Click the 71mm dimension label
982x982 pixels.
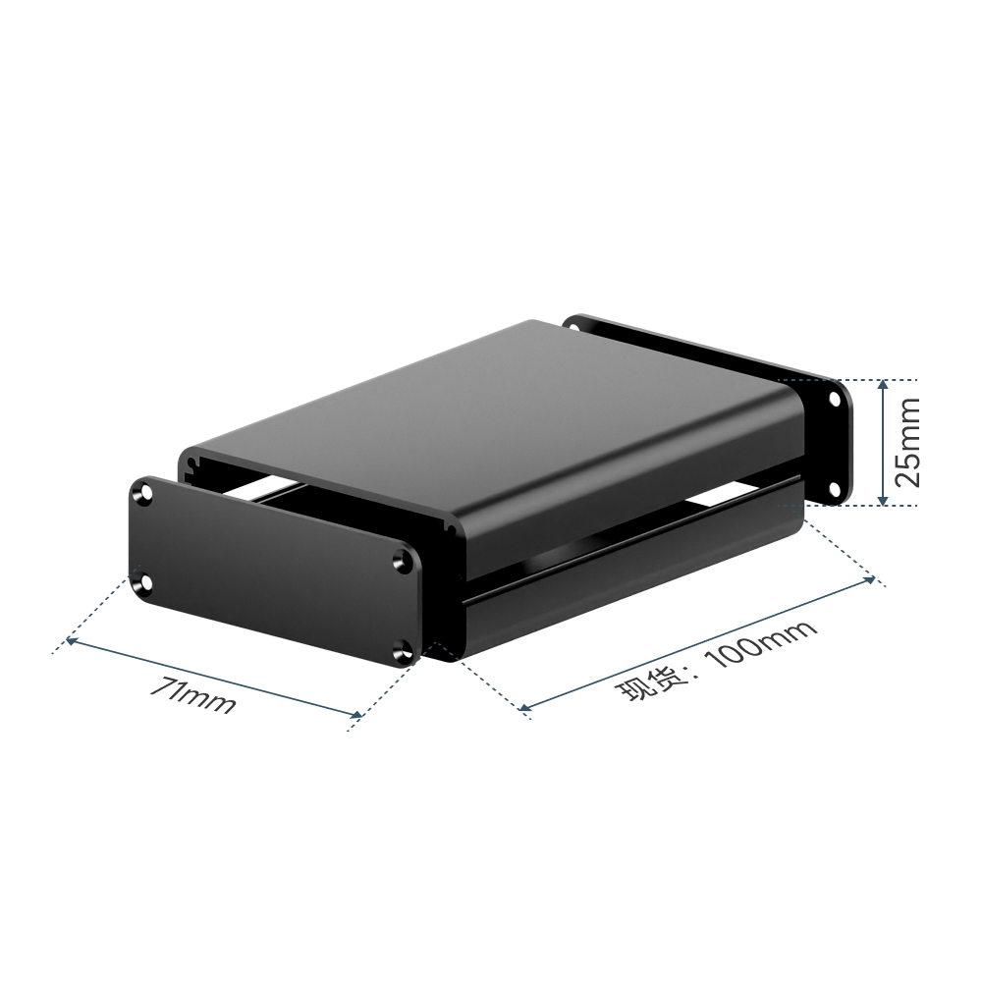pyautogui.click(x=192, y=695)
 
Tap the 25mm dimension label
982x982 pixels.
pyautogui.click(x=906, y=442)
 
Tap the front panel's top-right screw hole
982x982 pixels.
pyautogui.click(x=402, y=561)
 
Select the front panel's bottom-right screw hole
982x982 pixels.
pyautogui.click(x=402, y=652)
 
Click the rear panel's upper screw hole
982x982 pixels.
pyautogui.click(x=836, y=399)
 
